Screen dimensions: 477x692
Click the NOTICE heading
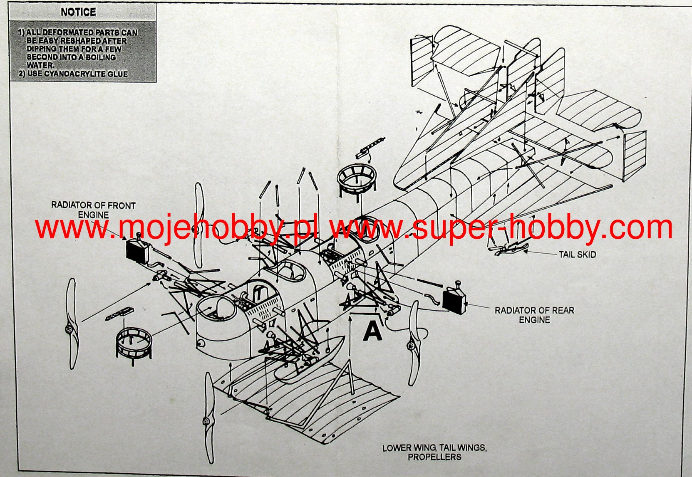(x=78, y=12)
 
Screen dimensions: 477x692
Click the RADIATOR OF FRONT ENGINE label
(x=93, y=210)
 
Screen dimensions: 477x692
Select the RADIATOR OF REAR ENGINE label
(x=534, y=315)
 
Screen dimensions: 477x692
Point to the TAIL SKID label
(x=577, y=254)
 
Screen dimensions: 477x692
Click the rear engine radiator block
(x=454, y=299)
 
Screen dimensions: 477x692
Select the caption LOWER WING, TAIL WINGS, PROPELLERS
(x=434, y=452)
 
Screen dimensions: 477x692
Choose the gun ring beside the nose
(x=134, y=344)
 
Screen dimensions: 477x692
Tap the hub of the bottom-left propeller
(x=206, y=421)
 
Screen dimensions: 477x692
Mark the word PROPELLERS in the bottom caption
(x=434, y=457)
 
